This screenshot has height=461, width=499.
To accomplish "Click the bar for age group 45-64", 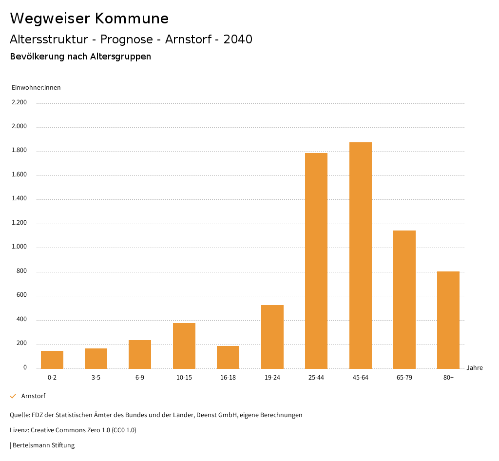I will click(x=360, y=255).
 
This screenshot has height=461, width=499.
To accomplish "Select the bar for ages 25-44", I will click(x=316, y=261).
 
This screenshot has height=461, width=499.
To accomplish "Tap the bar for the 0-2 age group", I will click(x=52, y=360).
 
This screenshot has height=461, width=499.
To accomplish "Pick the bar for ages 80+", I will click(x=448, y=320).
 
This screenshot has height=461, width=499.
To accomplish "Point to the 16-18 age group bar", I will click(x=228, y=357).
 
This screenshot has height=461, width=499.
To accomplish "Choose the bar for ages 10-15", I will click(x=184, y=346).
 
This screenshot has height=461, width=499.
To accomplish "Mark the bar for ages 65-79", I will click(x=404, y=299).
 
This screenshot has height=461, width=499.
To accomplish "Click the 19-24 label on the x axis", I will click(x=272, y=378).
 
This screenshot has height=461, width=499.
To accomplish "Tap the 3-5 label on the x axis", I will click(x=96, y=378).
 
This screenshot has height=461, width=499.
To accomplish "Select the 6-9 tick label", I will click(x=140, y=378).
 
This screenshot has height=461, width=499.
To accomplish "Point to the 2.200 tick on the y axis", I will click(x=19, y=102).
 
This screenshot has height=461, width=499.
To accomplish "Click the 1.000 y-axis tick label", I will click(x=19, y=247).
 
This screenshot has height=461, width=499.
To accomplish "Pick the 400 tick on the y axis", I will click(x=21, y=320).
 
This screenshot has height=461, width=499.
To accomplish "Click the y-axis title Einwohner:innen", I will click(x=36, y=88).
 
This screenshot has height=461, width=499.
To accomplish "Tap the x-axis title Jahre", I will click(x=475, y=368).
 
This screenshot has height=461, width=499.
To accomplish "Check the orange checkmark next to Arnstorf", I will click(x=13, y=396).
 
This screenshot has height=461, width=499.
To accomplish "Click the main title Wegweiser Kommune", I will click(x=89, y=19).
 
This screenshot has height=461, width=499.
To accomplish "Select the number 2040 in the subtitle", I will click(x=238, y=39).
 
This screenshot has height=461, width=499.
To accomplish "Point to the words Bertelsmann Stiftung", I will click(x=43, y=445).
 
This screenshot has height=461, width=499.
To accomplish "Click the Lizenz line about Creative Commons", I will click(x=73, y=430).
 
